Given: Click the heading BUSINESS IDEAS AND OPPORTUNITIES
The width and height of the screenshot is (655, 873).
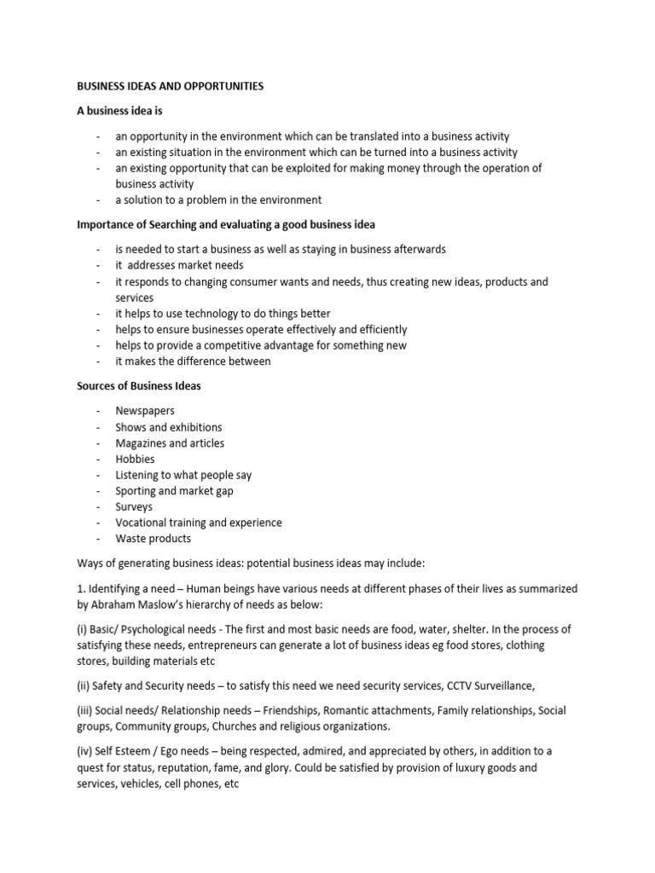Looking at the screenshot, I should [171, 86].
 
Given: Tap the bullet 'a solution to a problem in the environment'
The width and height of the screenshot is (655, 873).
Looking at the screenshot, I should [218, 200].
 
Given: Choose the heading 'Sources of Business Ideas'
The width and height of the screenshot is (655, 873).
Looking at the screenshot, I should [139, 386].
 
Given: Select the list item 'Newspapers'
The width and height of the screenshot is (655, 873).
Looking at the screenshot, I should [145, 411].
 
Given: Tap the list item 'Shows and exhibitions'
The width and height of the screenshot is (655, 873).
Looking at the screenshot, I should [169, 427].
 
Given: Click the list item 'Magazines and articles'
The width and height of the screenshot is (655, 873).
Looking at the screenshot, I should [170, 443].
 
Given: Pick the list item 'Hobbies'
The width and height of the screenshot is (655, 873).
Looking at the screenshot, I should [136, 459].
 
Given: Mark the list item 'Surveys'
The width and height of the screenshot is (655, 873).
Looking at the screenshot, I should [135, 506].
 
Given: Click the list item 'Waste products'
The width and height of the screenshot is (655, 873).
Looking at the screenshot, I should [154, 539].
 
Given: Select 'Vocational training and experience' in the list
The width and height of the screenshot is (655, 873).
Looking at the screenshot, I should [199, 523].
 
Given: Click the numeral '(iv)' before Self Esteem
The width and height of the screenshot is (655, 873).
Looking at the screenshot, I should [88, 751].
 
